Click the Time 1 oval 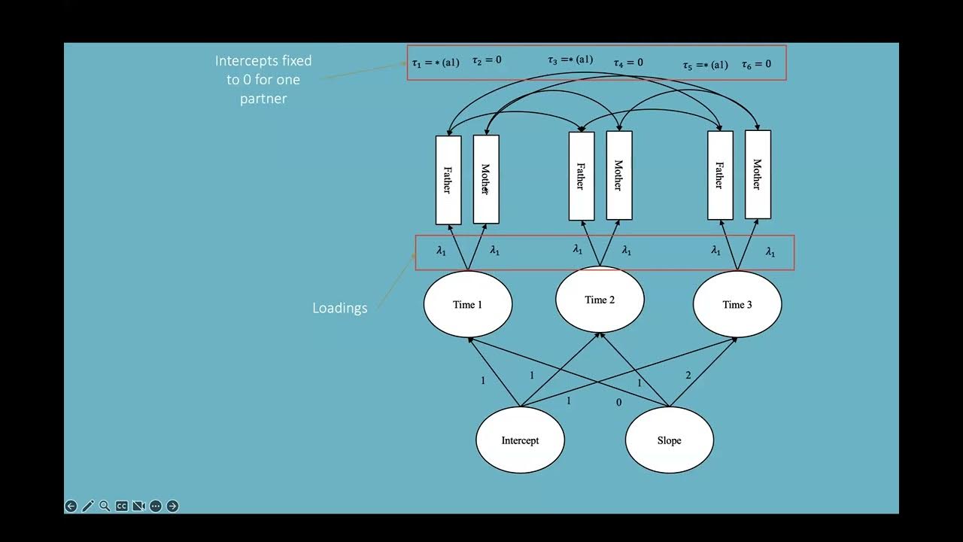point(468,304)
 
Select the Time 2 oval point(600,299)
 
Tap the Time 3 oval point(737,304)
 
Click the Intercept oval point(520,440)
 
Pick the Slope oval point(669,440)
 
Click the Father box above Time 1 point(448,180)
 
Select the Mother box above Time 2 point(619,175)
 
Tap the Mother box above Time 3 point(758,175)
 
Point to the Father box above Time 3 point(720,175)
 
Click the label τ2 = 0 point(487,60)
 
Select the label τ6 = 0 point(756,64)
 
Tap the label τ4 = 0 point(627,62)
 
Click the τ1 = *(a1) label point(435,62)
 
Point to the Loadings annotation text point(340,308)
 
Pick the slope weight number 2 point(688,375)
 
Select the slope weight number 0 point(618,403)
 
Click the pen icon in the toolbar point(88,506)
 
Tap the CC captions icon point(122,506)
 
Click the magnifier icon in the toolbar point(105,506)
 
